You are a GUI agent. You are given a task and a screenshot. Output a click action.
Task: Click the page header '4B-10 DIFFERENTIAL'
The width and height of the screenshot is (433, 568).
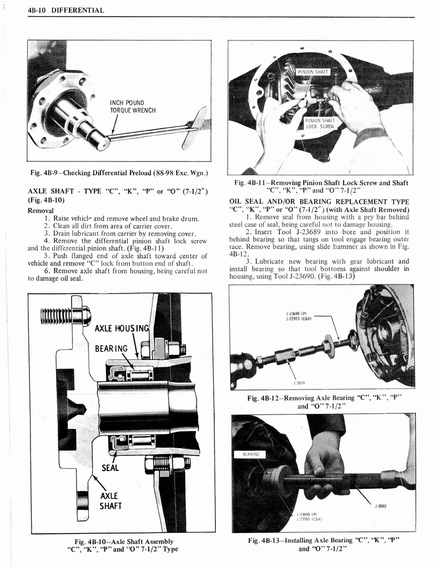(66, 11)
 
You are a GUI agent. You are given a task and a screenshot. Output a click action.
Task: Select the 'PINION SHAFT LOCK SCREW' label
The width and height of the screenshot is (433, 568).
(320, 123)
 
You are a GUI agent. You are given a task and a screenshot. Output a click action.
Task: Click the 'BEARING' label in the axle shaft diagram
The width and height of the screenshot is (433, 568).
(111, 349)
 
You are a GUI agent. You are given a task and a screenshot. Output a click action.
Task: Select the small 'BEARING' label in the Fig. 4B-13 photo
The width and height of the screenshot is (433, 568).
(251, 455)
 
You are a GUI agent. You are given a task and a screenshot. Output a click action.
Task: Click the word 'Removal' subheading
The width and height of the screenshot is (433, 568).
(41, 211)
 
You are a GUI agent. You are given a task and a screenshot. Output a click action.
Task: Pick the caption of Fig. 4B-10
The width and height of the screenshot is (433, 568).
(120, 545)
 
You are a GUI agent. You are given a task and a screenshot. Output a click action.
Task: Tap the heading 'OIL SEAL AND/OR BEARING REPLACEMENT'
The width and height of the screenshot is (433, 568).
(319, 205)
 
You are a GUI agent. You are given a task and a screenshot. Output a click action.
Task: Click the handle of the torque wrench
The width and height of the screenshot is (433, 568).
(195, 128)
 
